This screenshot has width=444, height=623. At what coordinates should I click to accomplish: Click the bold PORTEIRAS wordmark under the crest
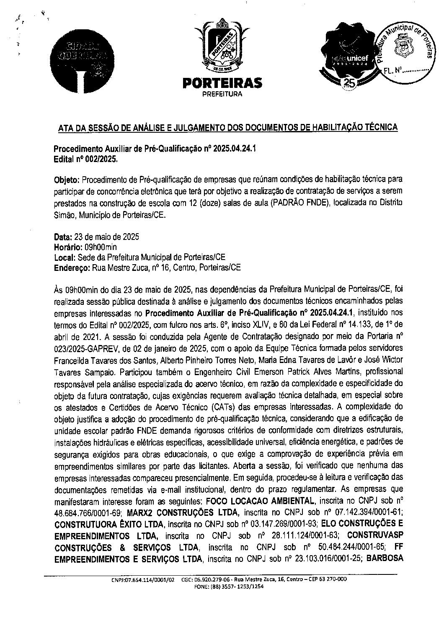[x=222, y=83]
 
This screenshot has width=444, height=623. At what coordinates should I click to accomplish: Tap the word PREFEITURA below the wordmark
[x=222, y=94]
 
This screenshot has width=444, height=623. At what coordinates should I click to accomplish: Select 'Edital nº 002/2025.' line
[x=86, y=160]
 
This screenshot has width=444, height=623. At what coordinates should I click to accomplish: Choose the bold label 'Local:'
[x=65, y=257]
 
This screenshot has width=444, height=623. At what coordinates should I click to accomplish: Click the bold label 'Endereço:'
[x=72, y=268]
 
